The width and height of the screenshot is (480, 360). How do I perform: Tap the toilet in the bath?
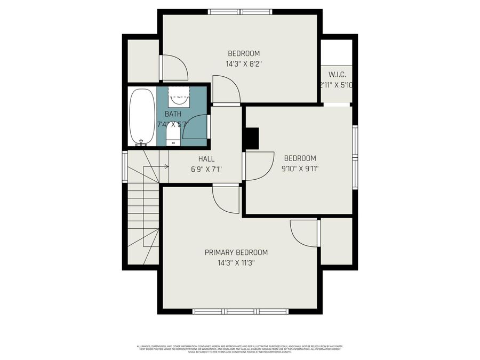click(x=173, y=133)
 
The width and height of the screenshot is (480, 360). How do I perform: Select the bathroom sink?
click(x=179, y=98)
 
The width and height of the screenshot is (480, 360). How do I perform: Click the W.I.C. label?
click(x=337, y=75)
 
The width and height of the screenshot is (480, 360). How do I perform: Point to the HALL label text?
click(x=206, y=158)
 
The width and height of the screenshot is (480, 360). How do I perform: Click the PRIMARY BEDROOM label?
click(x=236, y=252)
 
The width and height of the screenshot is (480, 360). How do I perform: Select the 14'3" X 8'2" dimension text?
click(x=244, y=63)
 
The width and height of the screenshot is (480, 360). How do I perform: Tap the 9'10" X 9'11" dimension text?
click(x=300, y=169)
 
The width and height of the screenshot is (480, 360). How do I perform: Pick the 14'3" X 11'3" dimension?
click(x=236, y=263)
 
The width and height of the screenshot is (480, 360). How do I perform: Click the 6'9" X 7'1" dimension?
click(x=206, y=169)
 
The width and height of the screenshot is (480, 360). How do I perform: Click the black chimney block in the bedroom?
click(x=251, y=139)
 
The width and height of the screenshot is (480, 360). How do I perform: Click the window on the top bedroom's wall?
click(x=241, y=12)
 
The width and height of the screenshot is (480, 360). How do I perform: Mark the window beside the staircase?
click(x=125, y=167)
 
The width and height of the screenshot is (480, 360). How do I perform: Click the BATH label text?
click(x=173, y=114)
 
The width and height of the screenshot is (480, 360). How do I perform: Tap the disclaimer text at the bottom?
click(x=240, y=349)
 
